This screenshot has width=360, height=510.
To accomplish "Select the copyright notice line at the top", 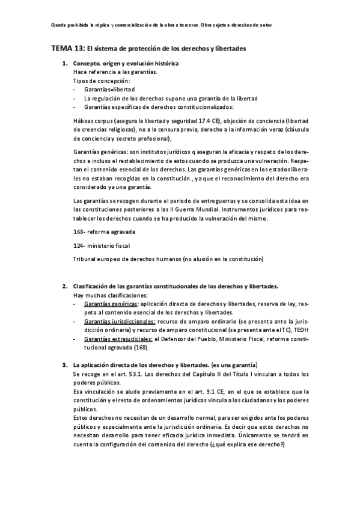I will coord(163,25).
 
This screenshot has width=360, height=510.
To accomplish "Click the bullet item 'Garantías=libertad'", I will coord(109,88).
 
